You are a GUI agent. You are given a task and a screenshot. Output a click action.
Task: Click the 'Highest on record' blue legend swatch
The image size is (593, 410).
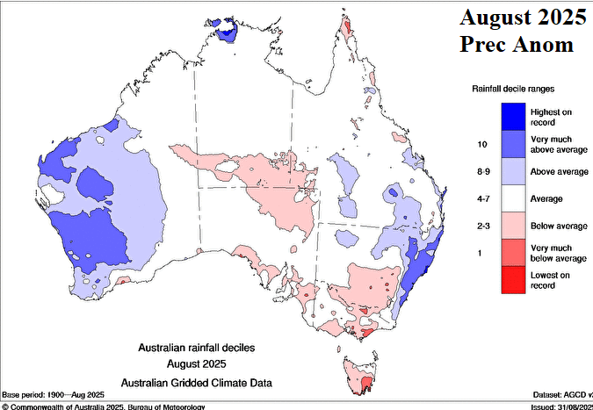point(513,116)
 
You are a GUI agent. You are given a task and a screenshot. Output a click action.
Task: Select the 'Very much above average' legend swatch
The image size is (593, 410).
point(513,143)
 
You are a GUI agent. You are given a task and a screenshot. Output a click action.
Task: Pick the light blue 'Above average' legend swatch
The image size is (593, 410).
point(513,171)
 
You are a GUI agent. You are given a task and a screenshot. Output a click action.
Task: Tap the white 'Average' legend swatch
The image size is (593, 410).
point(513,198)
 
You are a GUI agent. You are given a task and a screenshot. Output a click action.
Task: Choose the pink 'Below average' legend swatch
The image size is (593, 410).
point(513,226)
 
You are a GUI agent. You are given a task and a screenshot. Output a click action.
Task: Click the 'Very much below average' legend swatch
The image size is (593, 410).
point(513,253)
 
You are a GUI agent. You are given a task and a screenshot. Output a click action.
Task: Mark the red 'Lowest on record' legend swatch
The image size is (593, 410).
point(513,279)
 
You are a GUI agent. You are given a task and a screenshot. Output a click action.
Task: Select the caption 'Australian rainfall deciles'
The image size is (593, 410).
point(197,349)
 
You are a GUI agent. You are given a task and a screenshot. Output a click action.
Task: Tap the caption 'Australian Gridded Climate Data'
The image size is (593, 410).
point(197,382)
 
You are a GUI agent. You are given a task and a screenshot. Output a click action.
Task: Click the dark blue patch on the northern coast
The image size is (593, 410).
point(228,32)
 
